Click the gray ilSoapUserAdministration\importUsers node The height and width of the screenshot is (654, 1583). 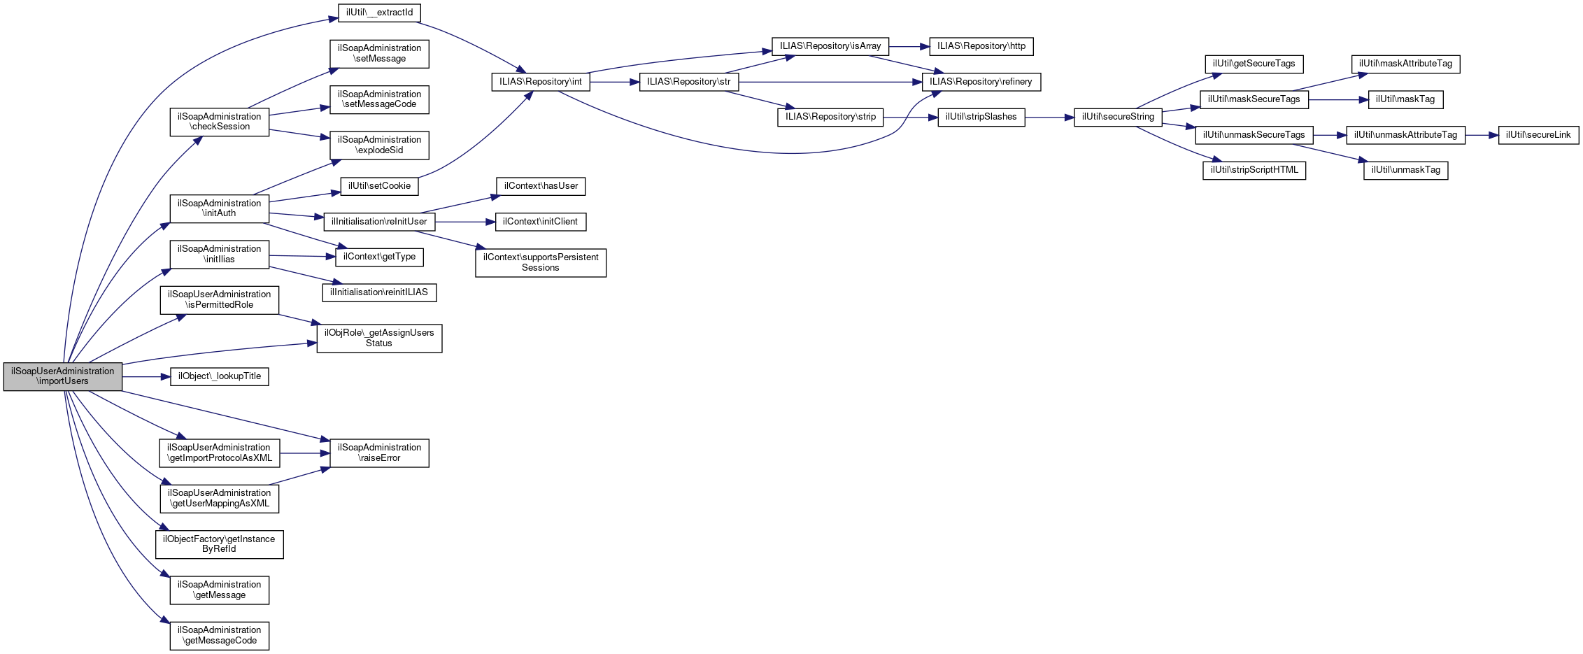click(62, 376)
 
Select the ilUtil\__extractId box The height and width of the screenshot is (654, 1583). click(379, 13)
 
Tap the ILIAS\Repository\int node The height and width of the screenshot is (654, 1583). click(540, 82)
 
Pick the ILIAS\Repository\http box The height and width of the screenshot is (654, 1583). click(981, 46)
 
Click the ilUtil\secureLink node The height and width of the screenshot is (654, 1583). click(1538, 135)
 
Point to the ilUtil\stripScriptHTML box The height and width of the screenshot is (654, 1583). click(1254, 170)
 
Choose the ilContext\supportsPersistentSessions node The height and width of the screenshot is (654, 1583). click(540, 262)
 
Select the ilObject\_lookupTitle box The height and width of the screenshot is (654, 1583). click(219, 376)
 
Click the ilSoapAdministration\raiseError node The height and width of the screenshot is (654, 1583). click(379, 453)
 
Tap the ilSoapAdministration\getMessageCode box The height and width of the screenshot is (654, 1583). click(219, 635)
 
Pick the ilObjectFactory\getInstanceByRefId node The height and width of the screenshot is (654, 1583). click(219, 544)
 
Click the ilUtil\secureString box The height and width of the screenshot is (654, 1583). click(1117, 117)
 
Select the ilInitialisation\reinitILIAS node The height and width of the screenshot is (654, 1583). click(378, 292)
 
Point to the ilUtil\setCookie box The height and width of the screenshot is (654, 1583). click(379, 186)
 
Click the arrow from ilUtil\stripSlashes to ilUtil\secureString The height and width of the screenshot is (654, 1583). click(1049, 118)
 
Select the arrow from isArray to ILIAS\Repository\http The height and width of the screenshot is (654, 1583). click(909, 47)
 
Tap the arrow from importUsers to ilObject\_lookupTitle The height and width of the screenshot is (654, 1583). click(146, 377)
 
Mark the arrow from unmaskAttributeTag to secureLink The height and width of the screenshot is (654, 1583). click(1482, 135)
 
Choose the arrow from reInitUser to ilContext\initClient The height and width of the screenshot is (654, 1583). click(465, 222)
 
